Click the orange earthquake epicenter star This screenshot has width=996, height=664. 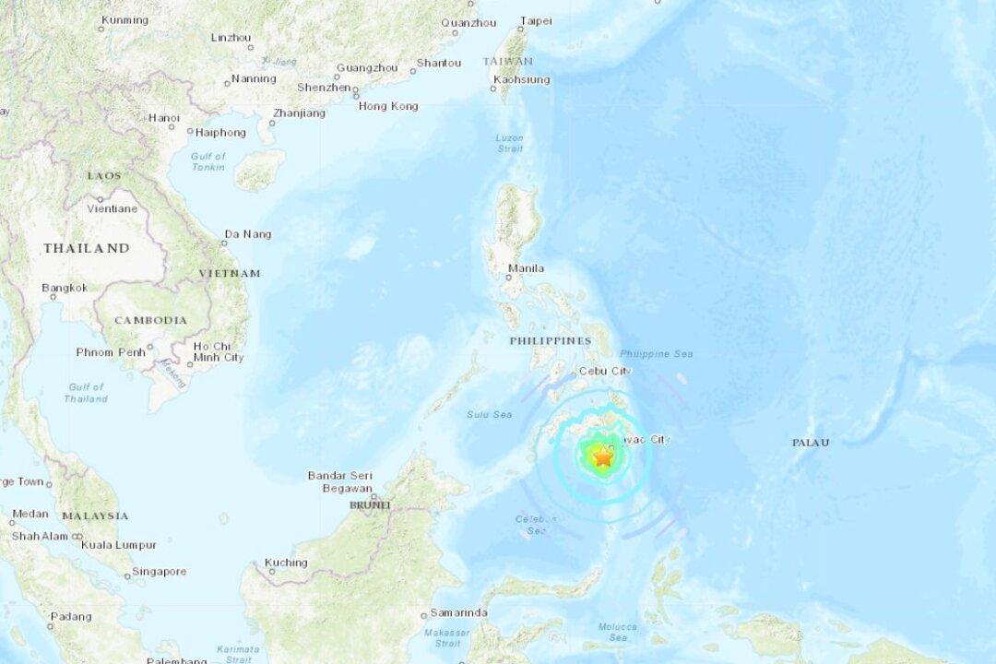pos(602,456)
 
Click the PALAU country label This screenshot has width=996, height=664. pos(810,443)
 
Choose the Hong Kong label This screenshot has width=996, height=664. pos(387,106)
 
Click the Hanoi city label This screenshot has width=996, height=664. pos(163,118)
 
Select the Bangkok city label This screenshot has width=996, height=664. pos(65,288)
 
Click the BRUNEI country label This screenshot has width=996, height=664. pos(370,505)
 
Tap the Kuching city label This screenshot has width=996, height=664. pos(285,563)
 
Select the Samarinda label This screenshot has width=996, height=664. pos(459,613)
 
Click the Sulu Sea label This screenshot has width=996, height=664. pos(490,415)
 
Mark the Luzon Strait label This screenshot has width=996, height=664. pos(509,143)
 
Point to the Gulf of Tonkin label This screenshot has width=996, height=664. pos(208,161)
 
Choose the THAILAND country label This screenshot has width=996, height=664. pos(87,248)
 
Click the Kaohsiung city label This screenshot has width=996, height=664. pos(521,80)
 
